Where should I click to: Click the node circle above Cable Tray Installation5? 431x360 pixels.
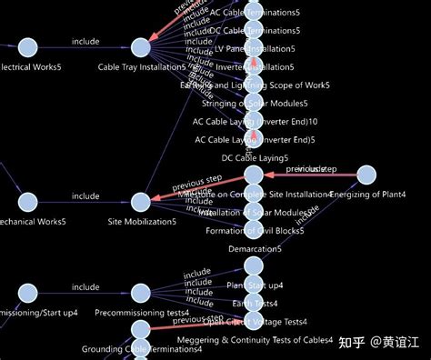141,46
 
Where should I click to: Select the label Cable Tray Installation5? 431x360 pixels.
142,67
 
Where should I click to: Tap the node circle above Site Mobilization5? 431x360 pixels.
141,202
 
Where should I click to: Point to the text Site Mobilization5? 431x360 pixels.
142,222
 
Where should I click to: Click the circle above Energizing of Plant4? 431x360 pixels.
366,175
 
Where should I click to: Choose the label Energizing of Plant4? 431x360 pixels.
367,195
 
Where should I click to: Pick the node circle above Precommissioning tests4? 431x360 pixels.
141,292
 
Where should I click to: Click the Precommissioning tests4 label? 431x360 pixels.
142,313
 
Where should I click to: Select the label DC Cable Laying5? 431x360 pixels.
255,158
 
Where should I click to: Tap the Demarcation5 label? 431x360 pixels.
255,249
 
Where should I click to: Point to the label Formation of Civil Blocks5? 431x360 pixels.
255,230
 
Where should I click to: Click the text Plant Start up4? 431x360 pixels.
255,285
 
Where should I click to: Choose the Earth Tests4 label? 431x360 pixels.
255,303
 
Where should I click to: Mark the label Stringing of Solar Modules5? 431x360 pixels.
255,103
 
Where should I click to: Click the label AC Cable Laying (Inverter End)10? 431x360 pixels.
255,121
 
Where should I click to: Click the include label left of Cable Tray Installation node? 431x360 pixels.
85,40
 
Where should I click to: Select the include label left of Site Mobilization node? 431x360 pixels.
85,195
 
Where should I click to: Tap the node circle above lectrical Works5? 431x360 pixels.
27,46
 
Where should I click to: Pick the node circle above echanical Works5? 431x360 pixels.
27,202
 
